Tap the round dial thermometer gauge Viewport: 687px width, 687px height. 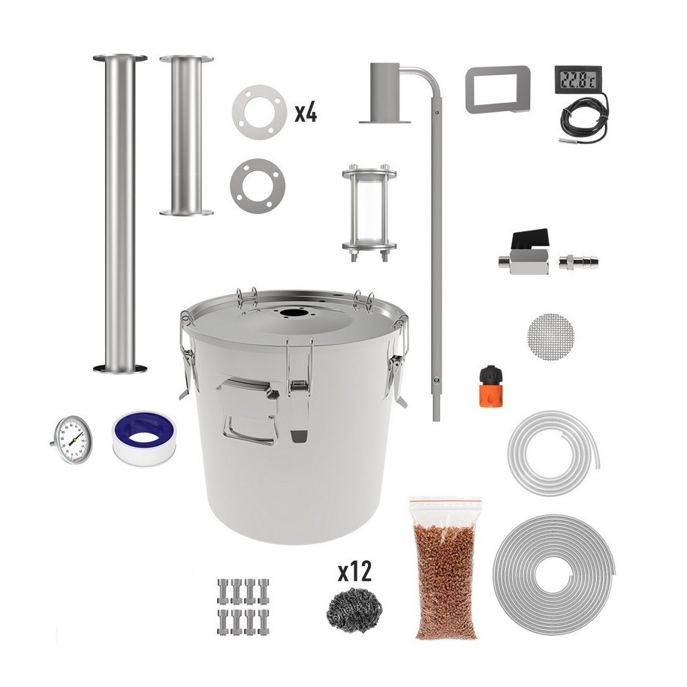(x=72, y=439)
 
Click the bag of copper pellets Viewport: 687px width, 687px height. (x=445, y=567)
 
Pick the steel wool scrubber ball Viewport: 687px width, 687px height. (x=354, y=610)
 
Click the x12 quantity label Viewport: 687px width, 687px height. (x=354, y=572)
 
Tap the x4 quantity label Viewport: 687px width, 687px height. (x=306, y=113)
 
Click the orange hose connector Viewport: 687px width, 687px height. (x=490, y=387)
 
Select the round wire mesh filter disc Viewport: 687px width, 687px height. (x=551, y=336)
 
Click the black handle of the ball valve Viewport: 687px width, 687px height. (x=531, y=239)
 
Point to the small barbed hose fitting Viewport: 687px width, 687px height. (x=578, y=263)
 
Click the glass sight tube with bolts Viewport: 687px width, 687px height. (x=369, y=213)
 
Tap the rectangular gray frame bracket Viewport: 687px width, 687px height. (x=498, y=89)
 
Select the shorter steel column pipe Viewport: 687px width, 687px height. (x=187, y=135)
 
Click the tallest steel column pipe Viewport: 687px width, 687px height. (x=119, y=214)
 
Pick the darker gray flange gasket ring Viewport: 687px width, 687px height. (x=258, y=186)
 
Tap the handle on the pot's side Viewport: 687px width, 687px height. (x=249, y=411)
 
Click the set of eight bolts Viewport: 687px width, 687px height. (x=243, y=607)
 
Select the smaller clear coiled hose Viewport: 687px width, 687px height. (x=553, y=453)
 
